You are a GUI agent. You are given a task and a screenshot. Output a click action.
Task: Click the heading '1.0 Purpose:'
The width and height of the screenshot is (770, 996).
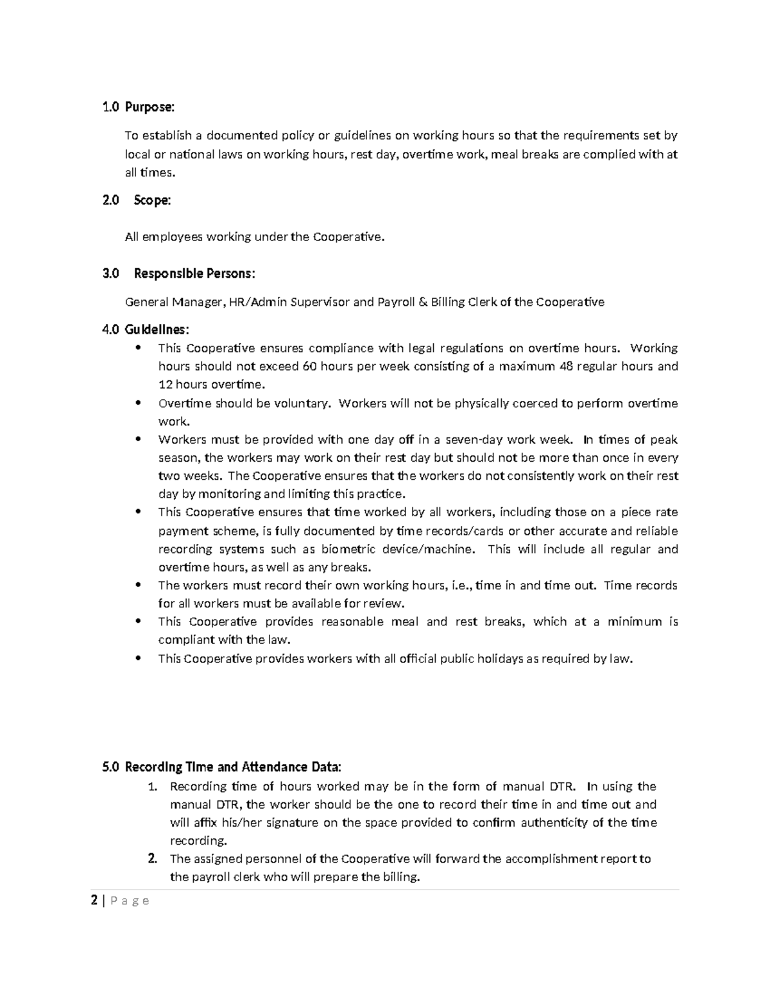(x=138, y=107)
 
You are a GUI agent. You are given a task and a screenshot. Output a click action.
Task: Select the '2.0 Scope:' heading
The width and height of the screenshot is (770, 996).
(x=137, y=201)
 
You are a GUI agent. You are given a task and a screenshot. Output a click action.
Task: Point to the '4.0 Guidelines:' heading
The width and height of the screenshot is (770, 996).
(x=146, y=330)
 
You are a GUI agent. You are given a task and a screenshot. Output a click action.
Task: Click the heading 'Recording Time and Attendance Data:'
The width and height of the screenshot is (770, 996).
(x=233, y=768)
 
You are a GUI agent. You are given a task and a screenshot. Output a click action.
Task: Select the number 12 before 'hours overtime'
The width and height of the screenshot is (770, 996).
(x=165, y=385)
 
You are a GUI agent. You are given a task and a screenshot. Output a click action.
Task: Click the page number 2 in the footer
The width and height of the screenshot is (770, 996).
(x=94, y=901)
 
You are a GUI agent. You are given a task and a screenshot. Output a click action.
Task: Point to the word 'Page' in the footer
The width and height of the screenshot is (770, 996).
(x=129, y=901)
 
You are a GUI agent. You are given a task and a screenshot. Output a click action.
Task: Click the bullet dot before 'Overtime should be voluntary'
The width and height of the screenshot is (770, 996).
(x=138, y=403)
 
